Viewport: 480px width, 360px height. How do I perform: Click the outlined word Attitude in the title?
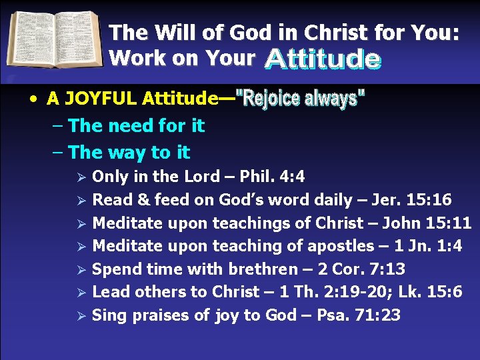tap(322, 59)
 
